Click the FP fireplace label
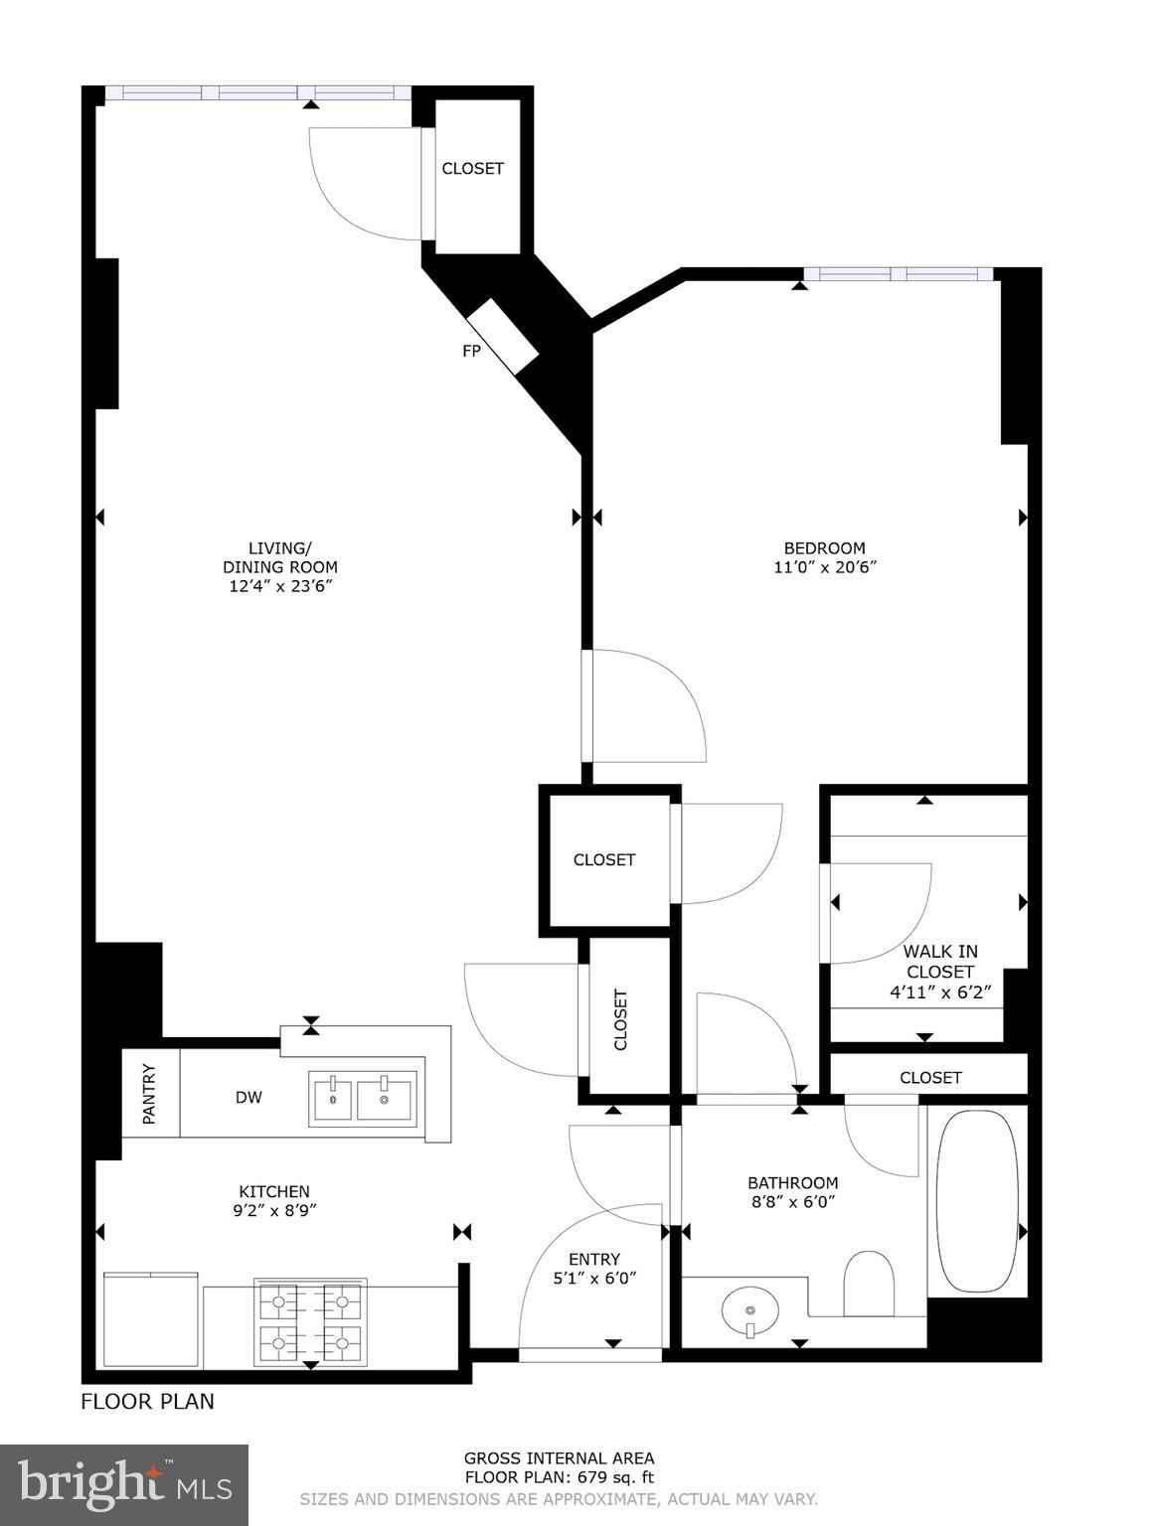pyautogui.click(x=471, y=351)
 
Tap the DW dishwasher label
pyautogui.click(x=248, y=1098)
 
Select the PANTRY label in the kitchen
pyautogui.click(x=150, y=1094)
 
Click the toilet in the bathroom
pyautogui.click(x=869, y=1283)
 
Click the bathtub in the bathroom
pyautogui.click(x=978, y=1201)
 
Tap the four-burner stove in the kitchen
pyautogui.click(x=310, y=1320)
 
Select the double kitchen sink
pyautogui.click(x=363, y=1098)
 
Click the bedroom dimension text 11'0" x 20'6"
pyautogui.click(x=824, y=568)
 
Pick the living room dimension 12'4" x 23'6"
pyautogui.click(x=279, y=587)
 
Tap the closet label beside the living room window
pyautogui.click(x=472, y=169)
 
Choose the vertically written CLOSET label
pyautogui.click(x=621, y=1018)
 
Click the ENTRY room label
pyautogui.click(x=594, y=1259)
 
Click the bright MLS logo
pyautogui.click(x=124, y=1485)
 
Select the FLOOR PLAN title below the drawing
pyautogui.click(x=147, y=1402)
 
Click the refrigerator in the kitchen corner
pyautogui.click(x=151, y=1320)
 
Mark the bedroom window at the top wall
pyautogui.click(x=898, y=274)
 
